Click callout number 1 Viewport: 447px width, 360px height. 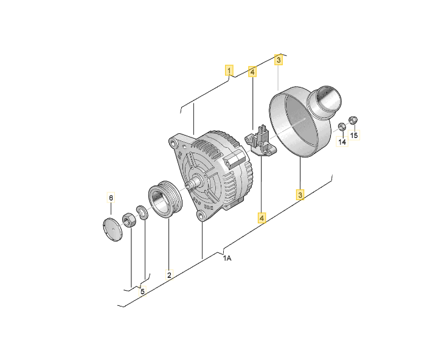point(229,70)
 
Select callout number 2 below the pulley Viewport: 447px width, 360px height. point(169,275)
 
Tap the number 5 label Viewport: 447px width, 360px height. point(142,291)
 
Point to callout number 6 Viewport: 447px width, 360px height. point(111,198)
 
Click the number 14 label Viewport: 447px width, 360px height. point(342,141)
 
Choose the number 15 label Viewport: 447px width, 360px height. point(354,135)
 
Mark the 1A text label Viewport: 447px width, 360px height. point(227,258)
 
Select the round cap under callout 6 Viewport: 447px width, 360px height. point(113,230)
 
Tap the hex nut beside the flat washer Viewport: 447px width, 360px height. point(129,220)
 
